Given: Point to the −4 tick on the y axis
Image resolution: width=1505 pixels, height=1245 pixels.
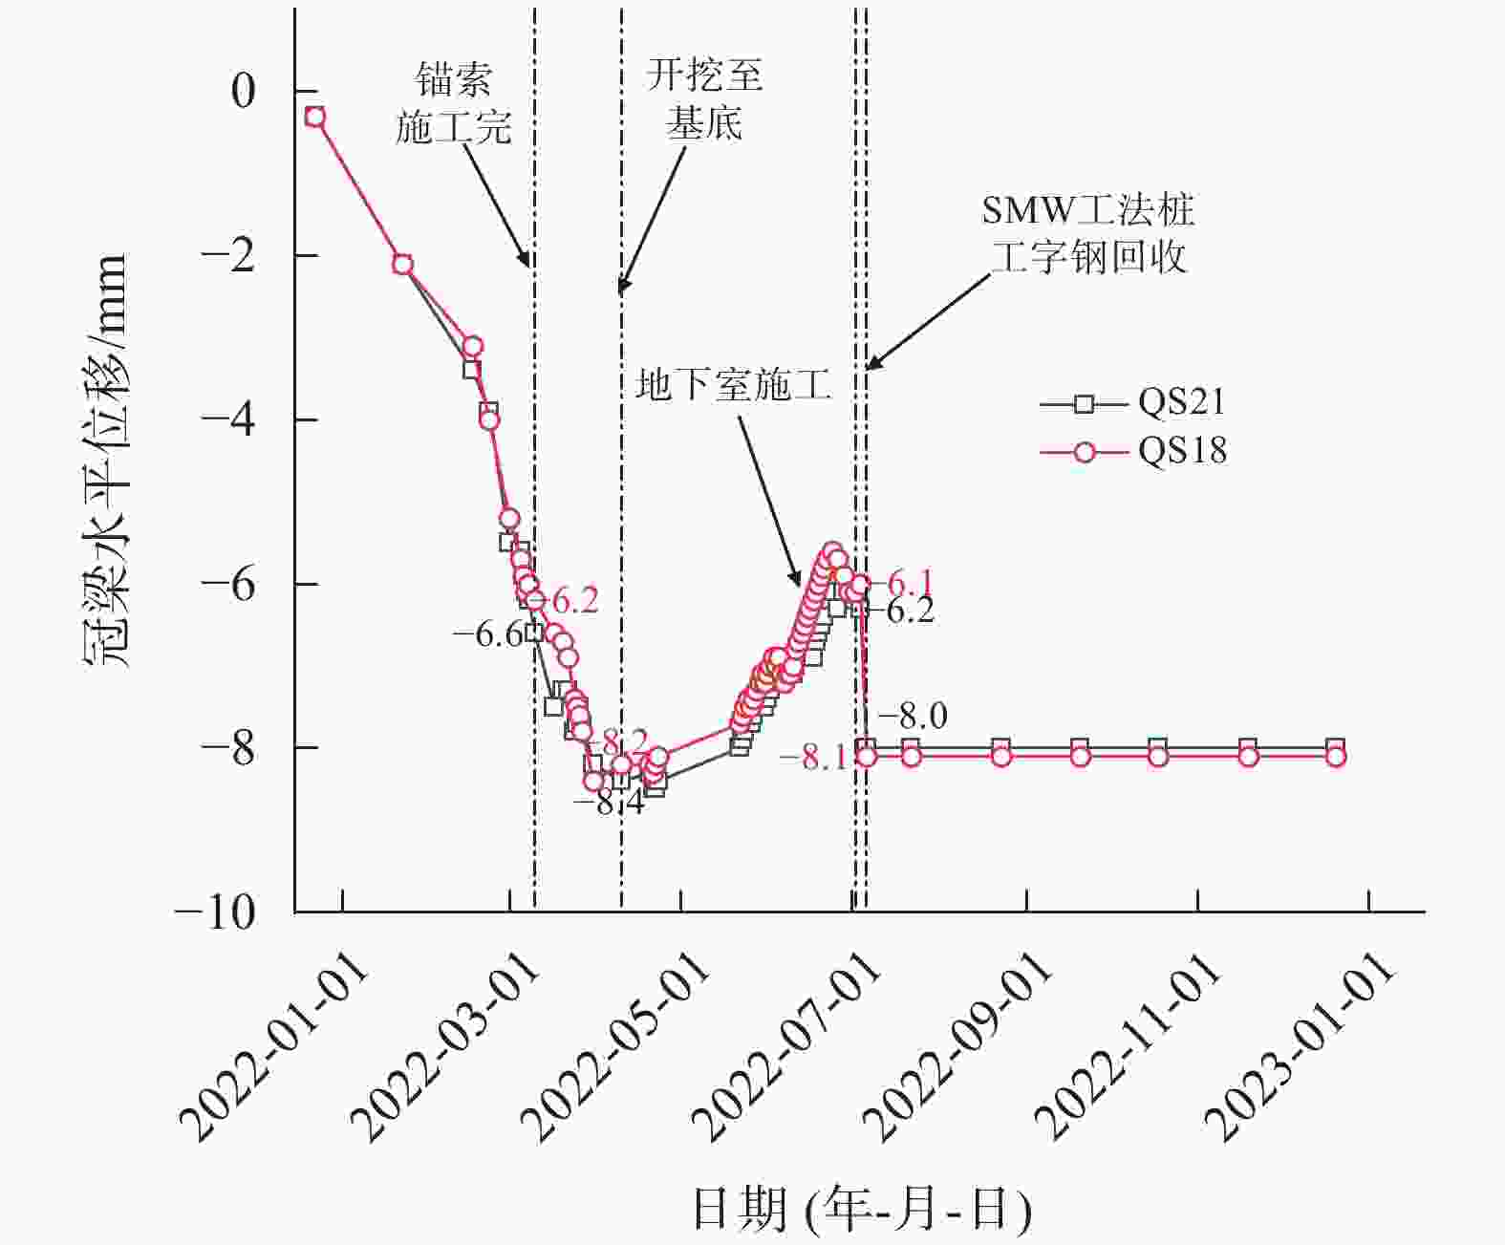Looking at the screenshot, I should [x=229, y=419].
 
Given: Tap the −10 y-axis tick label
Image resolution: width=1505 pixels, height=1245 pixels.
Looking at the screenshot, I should [x=216, y=912].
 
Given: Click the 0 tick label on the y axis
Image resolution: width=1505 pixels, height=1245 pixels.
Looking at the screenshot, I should [x=244, y=92].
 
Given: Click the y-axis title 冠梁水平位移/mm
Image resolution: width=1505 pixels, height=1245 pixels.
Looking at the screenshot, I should [x=105, y=460].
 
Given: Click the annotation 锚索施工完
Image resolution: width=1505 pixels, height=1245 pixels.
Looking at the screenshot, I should [x=454, y=103].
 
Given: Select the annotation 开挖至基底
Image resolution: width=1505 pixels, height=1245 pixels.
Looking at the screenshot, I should [x=705, y=99].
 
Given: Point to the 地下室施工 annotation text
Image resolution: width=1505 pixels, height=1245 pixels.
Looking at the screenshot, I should [x=733, y=384].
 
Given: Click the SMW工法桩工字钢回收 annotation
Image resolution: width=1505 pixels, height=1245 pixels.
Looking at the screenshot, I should [x=1088, y=233].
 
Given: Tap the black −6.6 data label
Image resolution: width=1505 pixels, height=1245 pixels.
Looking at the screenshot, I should [x=488, y=633].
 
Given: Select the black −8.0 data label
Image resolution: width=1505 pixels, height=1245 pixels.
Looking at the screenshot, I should [x=913, y=715].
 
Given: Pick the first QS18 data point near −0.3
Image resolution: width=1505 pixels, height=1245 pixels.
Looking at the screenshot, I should [x=314, y=117].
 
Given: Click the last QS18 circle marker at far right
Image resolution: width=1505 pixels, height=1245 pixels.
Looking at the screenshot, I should [x=1336, y=757].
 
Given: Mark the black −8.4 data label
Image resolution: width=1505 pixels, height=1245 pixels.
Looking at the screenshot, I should [x=609, y=803].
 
